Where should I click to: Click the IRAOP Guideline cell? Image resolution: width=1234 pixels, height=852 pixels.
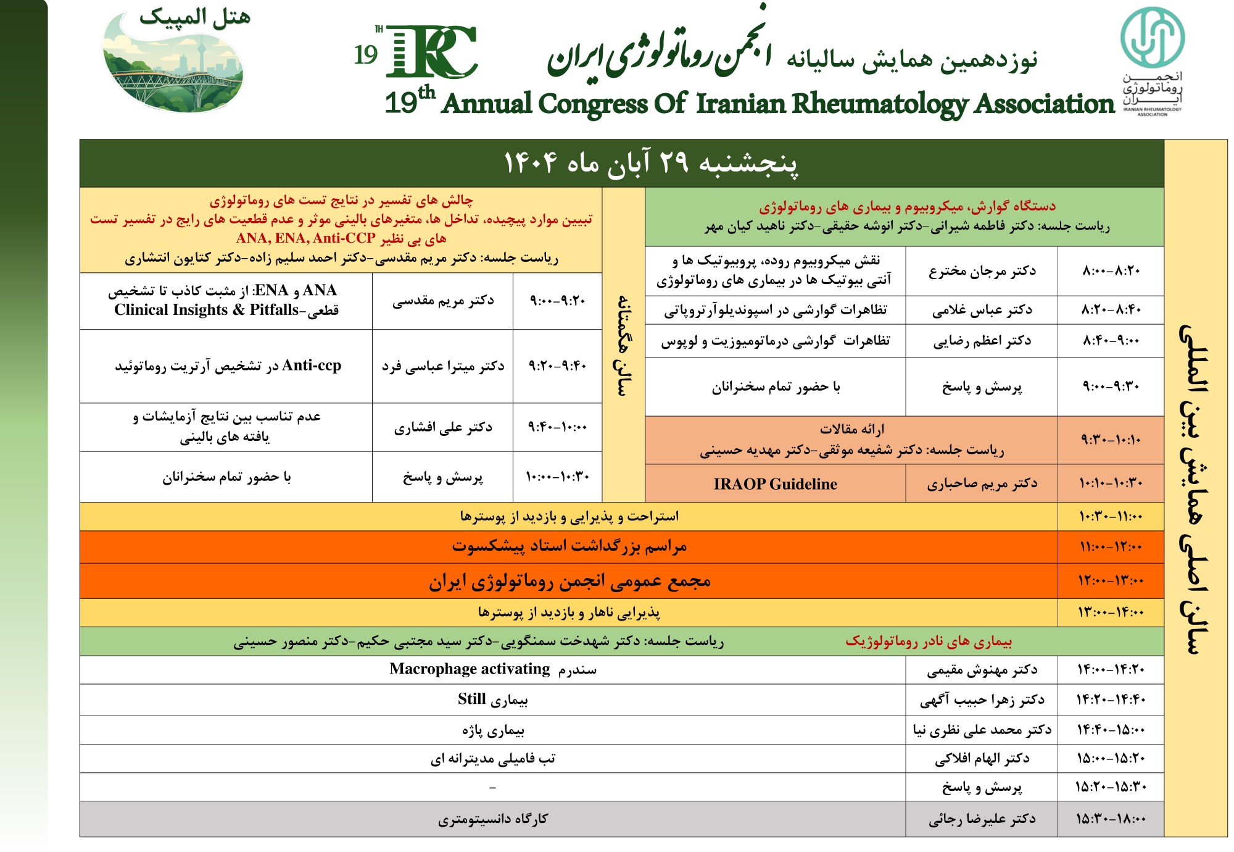(x=775, y=484)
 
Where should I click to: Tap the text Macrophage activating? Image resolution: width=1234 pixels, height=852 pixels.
(x=470, y=669)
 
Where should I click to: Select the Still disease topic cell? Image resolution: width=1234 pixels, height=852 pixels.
(x=492, y=700)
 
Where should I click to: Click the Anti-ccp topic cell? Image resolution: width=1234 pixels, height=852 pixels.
(x=226, y=366)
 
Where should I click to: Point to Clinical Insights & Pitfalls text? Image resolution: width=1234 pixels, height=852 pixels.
(x=206, y=310)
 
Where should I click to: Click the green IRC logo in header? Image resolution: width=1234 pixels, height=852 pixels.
(x=431, y=52)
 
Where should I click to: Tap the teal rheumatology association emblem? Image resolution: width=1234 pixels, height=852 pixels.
(x=1152, y=37)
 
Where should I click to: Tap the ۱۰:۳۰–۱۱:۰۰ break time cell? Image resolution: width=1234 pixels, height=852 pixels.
(x=1111, y=517)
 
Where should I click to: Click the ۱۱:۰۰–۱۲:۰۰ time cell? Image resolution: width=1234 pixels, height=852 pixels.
(x=1111, y=547)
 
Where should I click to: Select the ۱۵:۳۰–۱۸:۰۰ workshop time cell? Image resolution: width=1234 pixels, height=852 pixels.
(x=1111, y=819)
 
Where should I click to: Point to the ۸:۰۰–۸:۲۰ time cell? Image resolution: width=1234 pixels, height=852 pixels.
(x=1111, y=271)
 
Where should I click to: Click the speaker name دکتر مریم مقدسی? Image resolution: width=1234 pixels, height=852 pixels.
(x=442, y=301)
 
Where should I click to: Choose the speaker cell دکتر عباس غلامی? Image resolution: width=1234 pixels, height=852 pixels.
(x=982, y=310)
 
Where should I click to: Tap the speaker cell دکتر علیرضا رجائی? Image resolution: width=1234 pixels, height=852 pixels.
(x=982, y=819)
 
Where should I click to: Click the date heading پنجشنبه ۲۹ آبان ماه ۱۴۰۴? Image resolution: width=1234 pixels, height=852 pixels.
(x=650, y=164)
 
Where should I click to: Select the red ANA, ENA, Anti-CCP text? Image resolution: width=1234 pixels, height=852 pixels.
(x=305, y=239)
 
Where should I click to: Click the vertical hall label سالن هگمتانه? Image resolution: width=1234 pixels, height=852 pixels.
(x=623, y=345)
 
